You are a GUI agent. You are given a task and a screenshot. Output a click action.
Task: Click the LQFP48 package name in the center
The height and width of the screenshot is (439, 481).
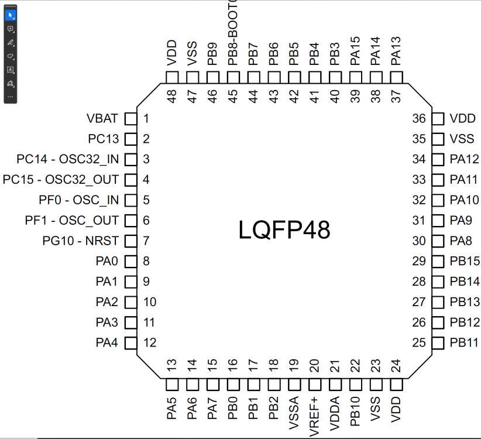(x=284, y=230)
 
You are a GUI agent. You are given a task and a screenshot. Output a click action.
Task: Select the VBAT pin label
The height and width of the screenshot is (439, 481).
(x=102, y=119)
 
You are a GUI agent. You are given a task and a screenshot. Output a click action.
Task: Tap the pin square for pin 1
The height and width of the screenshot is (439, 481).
(x=131, y=119)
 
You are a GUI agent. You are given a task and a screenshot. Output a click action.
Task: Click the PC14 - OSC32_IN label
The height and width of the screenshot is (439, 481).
(x=67, y=159)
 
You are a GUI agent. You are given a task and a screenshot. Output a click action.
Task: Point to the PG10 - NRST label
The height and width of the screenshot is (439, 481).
(x=81, y=241)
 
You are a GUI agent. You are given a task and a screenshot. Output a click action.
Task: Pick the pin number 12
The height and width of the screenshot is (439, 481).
(x=150, y=342)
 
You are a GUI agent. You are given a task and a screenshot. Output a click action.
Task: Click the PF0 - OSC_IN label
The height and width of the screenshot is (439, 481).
(x=79, y=200)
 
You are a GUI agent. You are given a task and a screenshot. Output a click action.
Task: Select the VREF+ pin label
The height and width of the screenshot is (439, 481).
(x=314, y=417)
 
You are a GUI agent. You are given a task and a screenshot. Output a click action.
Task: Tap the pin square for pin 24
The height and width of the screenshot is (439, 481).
(x=397, y=385)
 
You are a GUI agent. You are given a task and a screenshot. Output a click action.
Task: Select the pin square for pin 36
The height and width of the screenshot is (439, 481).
(x=438, y=119)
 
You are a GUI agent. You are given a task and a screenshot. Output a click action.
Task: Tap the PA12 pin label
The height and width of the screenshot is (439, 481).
(x=465, y=159)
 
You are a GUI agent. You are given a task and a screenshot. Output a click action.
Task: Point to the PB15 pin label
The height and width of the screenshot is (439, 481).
(x=465, y=261)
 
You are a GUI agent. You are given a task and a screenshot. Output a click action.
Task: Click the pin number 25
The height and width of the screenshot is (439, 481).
(x=419, y=342)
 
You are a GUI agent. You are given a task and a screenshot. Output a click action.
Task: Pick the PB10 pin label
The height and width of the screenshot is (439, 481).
(x=355, y=413)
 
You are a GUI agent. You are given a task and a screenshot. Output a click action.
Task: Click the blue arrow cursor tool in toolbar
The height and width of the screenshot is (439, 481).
(x=11, y=15)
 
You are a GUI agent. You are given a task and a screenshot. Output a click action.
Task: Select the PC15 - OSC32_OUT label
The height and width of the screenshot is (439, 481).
(x=61, y=180)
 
